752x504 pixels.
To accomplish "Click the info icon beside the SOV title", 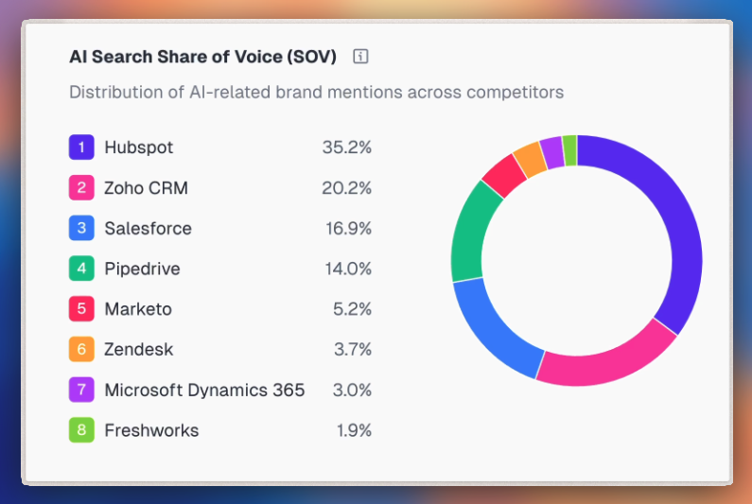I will [360, 56].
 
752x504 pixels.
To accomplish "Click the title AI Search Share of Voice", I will [202, 56].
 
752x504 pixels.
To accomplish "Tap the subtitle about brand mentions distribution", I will [316, 92].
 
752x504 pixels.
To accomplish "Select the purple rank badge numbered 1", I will [81, 148].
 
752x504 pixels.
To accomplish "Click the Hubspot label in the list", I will [139, 148].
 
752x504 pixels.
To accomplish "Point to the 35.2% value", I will [346, 148].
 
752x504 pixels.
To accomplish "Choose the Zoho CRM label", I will [146, 188].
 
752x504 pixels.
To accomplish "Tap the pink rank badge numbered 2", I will [81, 188].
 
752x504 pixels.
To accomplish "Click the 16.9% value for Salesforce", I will [346, 228].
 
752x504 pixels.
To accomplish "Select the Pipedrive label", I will [142, 269].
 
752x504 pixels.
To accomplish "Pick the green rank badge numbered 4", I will [81, 269].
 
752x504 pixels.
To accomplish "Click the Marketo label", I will [138, 309].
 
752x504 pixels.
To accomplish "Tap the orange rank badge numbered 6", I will [81, 349].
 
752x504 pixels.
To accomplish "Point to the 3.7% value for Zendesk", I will [352, 349].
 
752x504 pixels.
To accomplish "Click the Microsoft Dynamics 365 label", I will [204, 390].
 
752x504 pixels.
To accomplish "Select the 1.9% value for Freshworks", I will [354, 430].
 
